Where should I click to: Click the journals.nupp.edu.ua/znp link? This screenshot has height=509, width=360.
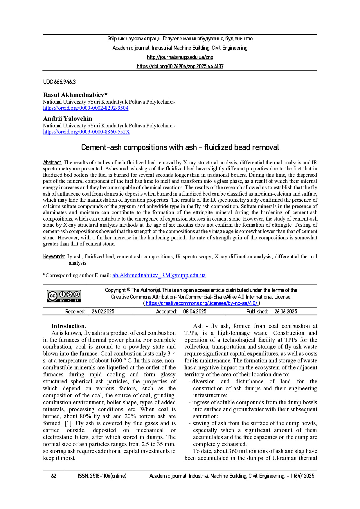tap(180, 57)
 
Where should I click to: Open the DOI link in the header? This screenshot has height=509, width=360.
tap(180, 66)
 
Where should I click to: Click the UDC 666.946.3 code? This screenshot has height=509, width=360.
tap(59, 82)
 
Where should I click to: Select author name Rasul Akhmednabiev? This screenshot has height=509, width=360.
tap(75, 95)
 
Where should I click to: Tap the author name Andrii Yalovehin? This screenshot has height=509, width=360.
tap(67, 119)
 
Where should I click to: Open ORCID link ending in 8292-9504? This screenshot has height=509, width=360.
tap(86, 108)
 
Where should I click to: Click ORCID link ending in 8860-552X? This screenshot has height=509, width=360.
tap(86, 132)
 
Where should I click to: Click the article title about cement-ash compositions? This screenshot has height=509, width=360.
tap(180, 147)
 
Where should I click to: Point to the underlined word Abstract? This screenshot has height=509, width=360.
tap(52, 163)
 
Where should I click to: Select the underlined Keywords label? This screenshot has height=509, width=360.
tap(54, 257)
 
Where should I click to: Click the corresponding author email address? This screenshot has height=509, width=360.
tap(159, 275)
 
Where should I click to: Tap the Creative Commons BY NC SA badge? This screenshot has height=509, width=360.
tap(64, 296)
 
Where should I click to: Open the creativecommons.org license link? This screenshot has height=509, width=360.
tap(201, 303)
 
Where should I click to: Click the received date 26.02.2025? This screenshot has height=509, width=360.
tap(103, 312)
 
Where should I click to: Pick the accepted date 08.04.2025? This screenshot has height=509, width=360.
tap(195, 312)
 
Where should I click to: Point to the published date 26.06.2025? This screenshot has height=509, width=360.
tap(286, 312)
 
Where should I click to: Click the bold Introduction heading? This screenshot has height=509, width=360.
tap(69, 326)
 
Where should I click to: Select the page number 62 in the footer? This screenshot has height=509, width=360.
tap(54, 476)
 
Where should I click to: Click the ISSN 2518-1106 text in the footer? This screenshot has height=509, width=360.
tap(102, 476)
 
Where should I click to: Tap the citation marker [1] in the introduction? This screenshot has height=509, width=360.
tap(66, 423)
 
